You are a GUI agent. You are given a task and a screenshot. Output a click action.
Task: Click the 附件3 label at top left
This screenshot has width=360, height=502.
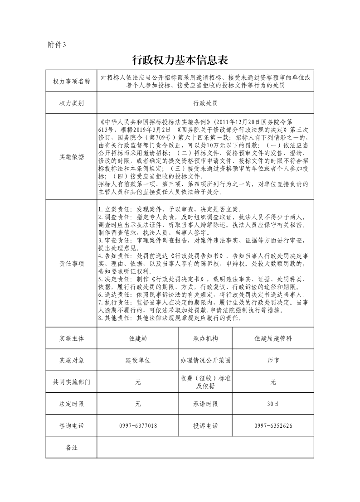point(57,44)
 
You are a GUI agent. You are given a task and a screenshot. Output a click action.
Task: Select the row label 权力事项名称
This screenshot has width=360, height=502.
point(72,82)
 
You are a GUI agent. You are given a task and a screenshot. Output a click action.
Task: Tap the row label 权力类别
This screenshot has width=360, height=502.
point(72,103)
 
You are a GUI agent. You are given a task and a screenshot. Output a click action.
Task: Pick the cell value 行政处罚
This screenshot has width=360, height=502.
point(205,103)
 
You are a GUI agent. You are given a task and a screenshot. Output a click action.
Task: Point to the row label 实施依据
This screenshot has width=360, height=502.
point(72,157)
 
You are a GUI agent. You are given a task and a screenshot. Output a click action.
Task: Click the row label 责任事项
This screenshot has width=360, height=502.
point(72,264)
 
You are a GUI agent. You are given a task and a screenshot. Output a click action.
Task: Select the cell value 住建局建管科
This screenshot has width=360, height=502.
point(273,338)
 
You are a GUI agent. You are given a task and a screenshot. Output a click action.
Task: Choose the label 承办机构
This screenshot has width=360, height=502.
point(205,338)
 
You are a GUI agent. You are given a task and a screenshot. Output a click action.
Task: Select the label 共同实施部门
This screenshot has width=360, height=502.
point(72,382)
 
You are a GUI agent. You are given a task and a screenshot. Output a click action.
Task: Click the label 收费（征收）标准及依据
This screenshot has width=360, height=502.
point(205,382)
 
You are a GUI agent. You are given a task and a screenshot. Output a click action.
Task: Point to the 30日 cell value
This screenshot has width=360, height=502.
point(273,404)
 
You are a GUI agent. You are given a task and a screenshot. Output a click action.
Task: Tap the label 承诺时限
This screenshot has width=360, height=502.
point(205,404)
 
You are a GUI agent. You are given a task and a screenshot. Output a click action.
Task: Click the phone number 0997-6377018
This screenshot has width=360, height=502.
point(138,426)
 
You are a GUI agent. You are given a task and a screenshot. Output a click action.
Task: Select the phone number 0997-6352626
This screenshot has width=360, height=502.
point(273,426)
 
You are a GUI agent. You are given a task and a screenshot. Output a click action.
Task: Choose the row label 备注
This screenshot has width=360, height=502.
point(72,448)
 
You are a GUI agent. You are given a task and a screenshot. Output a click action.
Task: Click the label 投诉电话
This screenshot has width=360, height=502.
point(205,426)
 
